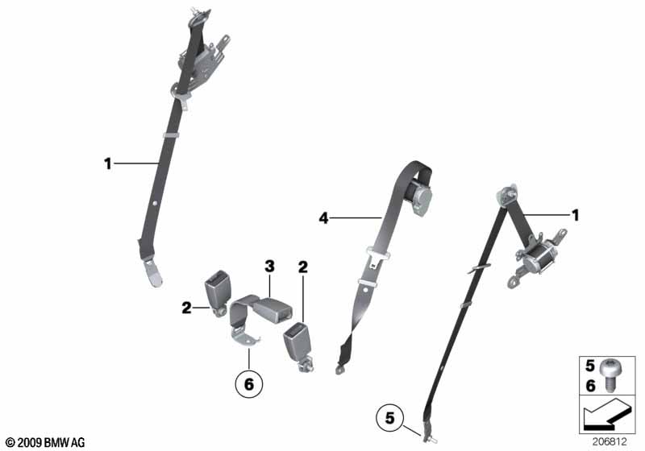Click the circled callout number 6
coord(249,383)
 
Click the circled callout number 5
coord(389,419)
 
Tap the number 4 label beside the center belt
coord(324,217)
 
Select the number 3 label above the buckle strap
coord(269,266)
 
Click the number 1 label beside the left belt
coord(108,163)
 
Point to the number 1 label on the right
coord(576,215)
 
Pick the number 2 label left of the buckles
coord(187,308)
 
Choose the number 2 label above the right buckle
coord(303,267)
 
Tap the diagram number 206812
coord(610,442)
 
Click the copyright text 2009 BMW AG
coord(46,442)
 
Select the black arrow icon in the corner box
coord(606,416)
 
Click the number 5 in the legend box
coord(590,366)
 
